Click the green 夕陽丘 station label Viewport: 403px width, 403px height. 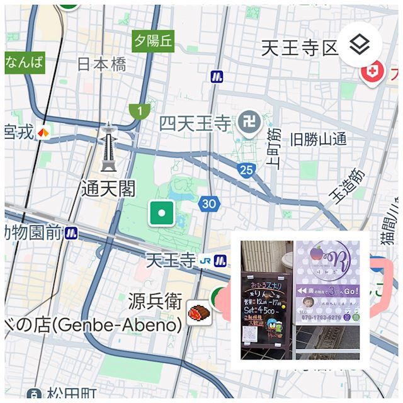(152, 41)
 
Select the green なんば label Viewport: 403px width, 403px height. (25, 62)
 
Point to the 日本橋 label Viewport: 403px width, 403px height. (101, 64)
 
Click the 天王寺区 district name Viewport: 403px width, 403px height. (300, 48)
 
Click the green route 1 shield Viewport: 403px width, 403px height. (139, 111)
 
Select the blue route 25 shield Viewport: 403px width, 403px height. (246, 169)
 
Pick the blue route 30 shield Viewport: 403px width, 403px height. (209, 203)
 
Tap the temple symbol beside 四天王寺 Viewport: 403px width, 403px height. (248, 122)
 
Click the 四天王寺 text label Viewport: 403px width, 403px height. (195, 123)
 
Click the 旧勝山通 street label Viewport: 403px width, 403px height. (318, 139)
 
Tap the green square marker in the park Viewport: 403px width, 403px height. (162, 213)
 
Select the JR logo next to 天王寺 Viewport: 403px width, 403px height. (205, 260)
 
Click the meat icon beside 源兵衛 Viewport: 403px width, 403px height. (198, 311)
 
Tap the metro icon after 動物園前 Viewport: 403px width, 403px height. (71, 234)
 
